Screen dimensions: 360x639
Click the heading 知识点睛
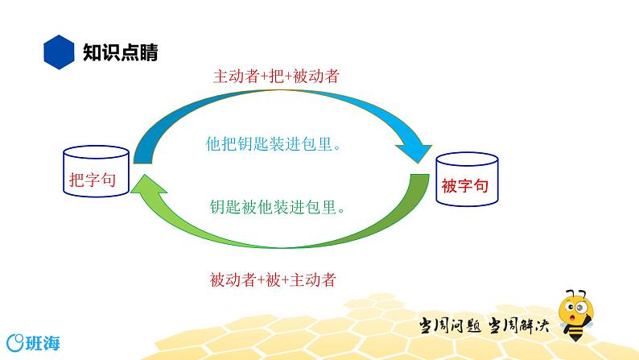click(120, 53)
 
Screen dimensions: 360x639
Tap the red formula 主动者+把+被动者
click(275, 77)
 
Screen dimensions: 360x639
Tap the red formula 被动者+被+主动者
click(272, 280)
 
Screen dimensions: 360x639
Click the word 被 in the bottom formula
click(272, 280)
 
